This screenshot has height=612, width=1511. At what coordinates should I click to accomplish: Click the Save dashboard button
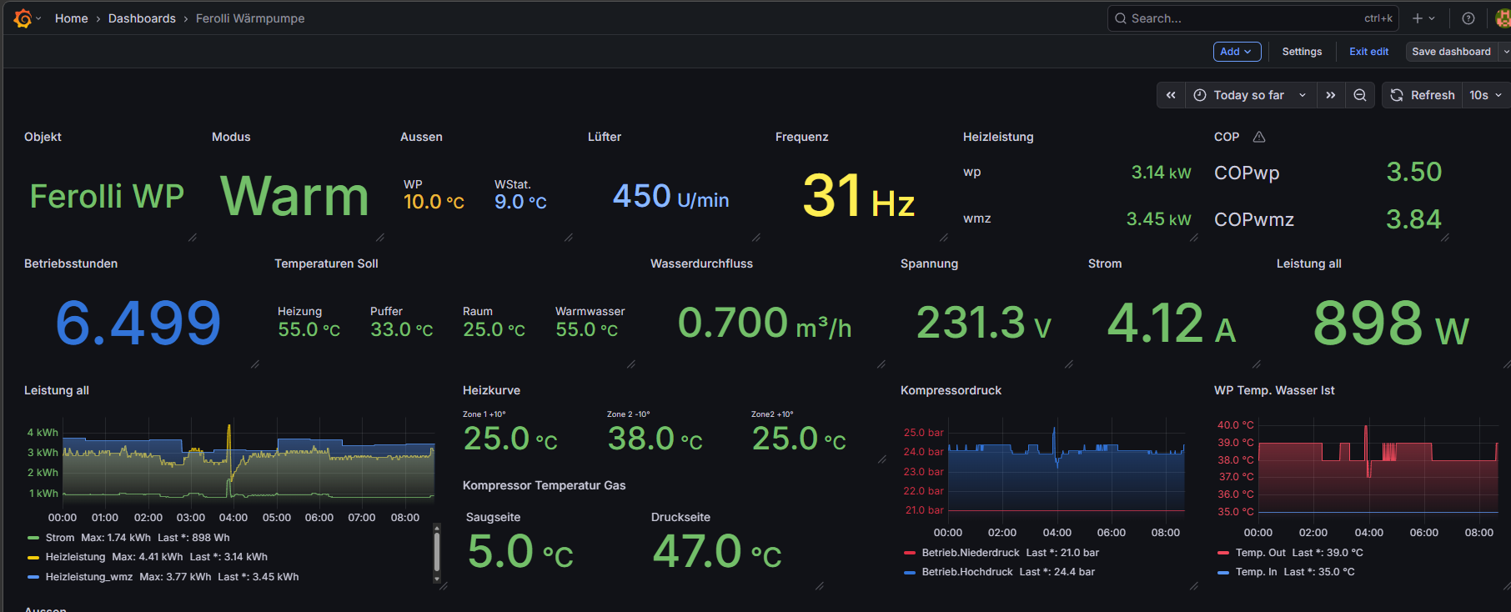1451,52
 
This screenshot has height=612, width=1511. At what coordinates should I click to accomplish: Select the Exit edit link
1368,52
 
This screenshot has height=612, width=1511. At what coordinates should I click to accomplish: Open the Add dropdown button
1237,52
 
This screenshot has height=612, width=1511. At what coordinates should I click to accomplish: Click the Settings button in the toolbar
1302,52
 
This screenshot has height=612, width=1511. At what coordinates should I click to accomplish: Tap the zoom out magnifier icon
1359,95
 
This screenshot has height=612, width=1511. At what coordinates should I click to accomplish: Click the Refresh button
1423,95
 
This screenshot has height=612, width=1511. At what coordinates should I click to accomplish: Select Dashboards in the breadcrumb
142,18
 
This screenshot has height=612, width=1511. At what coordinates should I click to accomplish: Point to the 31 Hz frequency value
858,197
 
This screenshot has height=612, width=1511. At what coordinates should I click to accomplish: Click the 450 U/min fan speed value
670,197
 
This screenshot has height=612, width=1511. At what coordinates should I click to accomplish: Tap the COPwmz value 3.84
1413,219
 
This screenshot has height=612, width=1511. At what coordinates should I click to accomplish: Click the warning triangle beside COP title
1259,137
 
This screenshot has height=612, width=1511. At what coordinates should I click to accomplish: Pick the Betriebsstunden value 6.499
138,324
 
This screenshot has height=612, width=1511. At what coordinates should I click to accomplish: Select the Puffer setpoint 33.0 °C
401,329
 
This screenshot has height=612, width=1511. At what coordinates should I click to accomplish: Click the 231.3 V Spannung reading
983,323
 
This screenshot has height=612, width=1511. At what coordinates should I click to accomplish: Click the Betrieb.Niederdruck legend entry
971,553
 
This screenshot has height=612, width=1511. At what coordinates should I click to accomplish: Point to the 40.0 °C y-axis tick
1235,425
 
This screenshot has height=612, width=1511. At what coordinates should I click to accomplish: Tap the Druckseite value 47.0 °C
717,552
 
